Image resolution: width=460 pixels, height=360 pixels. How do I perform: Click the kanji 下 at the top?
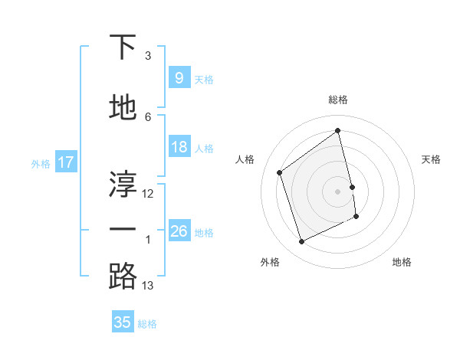click(x=123, y=48)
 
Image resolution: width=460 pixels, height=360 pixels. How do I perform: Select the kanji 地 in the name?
click(x=123, y=108)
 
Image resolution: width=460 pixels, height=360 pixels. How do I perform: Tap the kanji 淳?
click(x=123, y=184)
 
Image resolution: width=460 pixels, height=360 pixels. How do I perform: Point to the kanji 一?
click(x=123, y=231)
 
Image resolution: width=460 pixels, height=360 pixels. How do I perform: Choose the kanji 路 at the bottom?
click(x=123, y=277)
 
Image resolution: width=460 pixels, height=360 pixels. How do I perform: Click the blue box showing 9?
click(x=179, y=78)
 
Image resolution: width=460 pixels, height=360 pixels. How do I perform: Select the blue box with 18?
click(x=179, y=147)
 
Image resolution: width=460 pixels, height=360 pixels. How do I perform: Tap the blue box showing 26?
click(x=179, y=231)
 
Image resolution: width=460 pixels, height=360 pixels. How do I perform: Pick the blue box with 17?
click(x=65, y=162)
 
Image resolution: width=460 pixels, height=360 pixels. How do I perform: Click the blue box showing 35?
click(x=123, y=322)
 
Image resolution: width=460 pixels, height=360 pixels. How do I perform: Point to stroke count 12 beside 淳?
click(x=148, y=194)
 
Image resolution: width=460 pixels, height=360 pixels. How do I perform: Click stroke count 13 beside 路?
click(x=148, y=286)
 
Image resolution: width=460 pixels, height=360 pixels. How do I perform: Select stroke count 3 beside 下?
click(x=148, y=56)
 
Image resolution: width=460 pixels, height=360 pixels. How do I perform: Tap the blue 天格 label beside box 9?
click(x=204, y=80)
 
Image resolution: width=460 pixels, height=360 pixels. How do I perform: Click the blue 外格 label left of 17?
click(x=41, y=163)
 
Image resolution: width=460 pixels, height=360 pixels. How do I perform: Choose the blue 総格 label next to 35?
click(x=147, y=324)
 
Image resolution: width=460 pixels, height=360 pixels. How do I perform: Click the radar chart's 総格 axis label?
click(x=338, y=100)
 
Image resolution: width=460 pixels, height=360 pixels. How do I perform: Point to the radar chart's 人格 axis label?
click(x=245, y=159)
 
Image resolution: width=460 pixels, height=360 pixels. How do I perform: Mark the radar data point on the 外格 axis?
click(x=301, y=242)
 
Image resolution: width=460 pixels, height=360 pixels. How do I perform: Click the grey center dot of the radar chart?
click(x=338, y=191)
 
